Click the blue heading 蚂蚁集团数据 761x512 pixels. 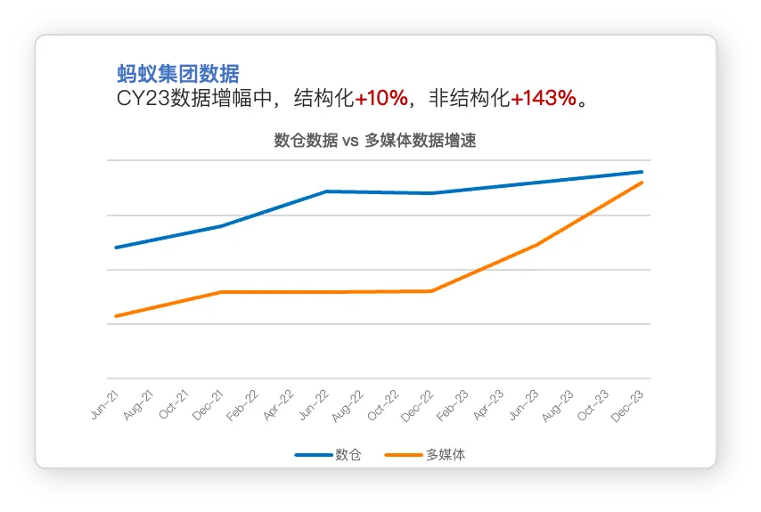tap(178, 74)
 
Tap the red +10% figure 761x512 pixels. tap(381, 98)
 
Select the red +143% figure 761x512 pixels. tap(544, 98)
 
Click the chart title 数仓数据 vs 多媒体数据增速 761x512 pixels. tap(374, 140)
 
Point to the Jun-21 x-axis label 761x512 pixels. tap(104, 404)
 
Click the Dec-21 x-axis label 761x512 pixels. tap(208, 405)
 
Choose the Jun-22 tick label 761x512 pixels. tap(314, 405)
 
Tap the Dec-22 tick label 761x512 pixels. tap(417, 406)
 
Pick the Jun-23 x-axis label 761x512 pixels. tap(524, 405)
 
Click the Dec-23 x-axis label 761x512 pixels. tap(627, 406)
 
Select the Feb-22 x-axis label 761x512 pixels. tap(242, 405)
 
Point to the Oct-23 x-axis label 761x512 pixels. tap(593, 405)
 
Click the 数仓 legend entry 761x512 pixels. tap(328, 455)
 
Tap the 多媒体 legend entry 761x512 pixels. tap(425, 455)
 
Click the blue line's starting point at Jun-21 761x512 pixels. tap(116, 248)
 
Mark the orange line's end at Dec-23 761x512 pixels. tap(642, 183)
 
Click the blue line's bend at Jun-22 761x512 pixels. tap(327, 191)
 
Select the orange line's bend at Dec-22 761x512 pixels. tap(432, 291)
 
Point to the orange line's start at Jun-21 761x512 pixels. tap(116, 316)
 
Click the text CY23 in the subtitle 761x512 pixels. tap(143, 99)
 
